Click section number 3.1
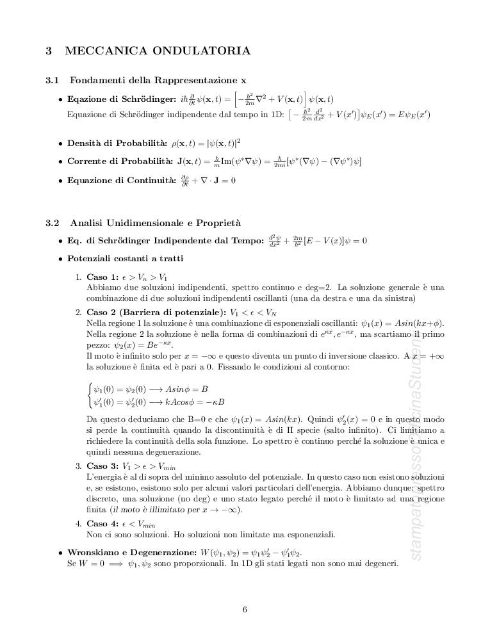point(53,80)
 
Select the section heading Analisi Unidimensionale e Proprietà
point(155,223)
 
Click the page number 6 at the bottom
point(245,609)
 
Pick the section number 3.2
point(53,223)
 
